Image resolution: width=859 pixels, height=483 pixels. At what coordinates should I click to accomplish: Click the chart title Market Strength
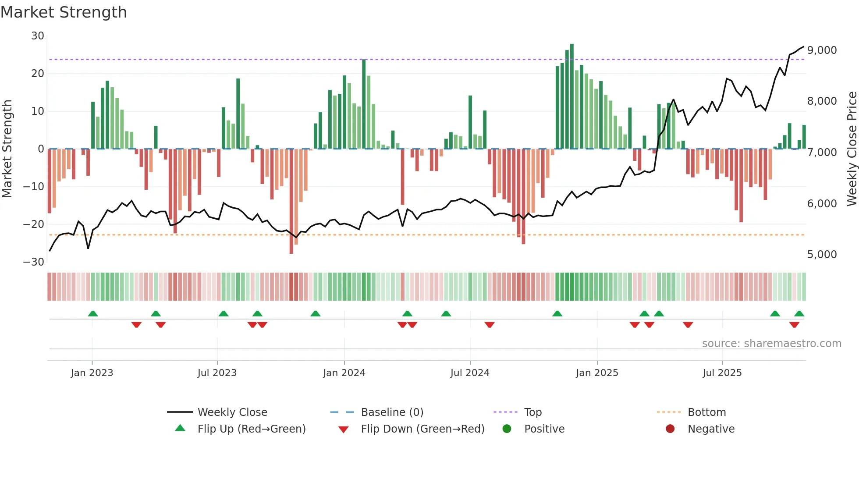pyautogui.click(x=64, y=12)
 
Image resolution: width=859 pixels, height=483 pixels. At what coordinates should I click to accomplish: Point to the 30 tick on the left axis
pyautogui.click(x=38, y=36)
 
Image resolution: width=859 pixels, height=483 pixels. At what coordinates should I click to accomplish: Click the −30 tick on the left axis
pyautogui.click(x=34, y=262)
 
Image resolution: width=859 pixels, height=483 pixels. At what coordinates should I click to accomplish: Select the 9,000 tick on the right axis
pyautogui.click(x=822, y=50)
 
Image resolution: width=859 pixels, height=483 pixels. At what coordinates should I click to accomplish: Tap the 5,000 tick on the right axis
pyautogui.click(x=822, y=255)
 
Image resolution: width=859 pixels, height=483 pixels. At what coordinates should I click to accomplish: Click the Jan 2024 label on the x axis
pyautogui.click(x=344, y=373)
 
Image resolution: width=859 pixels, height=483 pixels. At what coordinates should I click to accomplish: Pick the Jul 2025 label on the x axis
pyautogui.click(x=722, y=373)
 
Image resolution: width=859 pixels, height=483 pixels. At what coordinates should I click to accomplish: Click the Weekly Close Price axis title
pyautogui.click(x=852, y=149)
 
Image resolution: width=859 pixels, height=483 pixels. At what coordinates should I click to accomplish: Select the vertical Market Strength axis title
pyautogui.click(x=7, y=149)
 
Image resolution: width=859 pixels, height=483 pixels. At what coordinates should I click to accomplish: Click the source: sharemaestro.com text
pyautogui.click(x=771, y=344)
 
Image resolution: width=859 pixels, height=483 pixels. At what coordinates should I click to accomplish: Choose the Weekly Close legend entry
pyautogui.click(x=232, y=412)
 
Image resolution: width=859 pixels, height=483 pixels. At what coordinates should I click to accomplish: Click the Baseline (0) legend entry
pyautogui.click(x=392, y=412)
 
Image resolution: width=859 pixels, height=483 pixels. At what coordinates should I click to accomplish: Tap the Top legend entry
pyautogui.click(x=533, y=412)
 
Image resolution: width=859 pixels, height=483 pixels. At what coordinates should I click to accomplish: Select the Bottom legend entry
pyautogui.click(x=706, y=412)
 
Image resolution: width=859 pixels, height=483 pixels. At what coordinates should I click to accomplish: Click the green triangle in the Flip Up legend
pyautogui.click(x=180, y=428)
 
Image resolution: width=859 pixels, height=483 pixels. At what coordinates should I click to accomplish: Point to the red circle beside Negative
pyautogui.click(x=670, y=429)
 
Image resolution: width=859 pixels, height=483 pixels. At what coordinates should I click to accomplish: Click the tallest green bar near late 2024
pyautogui.click(x=571, y=96)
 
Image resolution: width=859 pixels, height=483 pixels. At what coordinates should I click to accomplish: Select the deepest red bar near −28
pyautogui.click(x=291, y=202)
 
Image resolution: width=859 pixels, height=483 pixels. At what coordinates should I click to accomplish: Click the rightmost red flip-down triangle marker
pyautogui.click(x=794, y=325)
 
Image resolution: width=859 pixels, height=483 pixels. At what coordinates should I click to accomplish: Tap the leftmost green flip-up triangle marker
pyautogui.click(x=93, y=313)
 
